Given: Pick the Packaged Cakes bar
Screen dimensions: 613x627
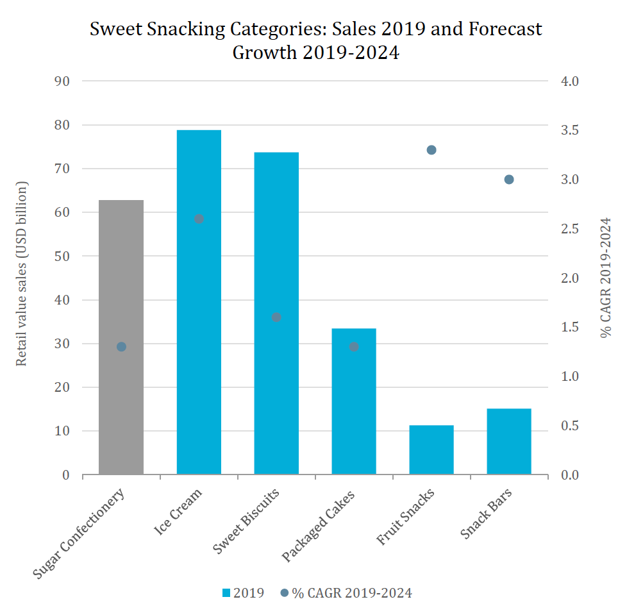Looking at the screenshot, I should [354, 410].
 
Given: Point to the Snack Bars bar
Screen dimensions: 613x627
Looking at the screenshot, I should [509, 442].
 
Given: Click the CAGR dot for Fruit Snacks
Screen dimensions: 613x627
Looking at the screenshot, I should [431, 150].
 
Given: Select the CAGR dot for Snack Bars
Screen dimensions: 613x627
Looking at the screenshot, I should [509, 180].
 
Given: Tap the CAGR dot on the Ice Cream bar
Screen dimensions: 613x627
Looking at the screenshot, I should [199, 219].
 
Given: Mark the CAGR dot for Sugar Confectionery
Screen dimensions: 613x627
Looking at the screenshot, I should [121, 347].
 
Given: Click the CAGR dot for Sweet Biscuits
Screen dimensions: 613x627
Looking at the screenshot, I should [276, 317].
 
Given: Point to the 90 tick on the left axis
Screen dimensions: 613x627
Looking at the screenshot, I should [63, 81].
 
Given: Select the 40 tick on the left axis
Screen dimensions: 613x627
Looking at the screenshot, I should [63, 300].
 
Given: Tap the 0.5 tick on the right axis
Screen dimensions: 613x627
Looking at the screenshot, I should [570, 426].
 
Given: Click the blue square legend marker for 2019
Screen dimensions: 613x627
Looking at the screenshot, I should [226, 593].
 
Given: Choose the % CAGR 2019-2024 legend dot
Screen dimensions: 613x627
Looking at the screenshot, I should [285, 593].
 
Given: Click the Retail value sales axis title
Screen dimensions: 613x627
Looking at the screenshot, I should [22, 274].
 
